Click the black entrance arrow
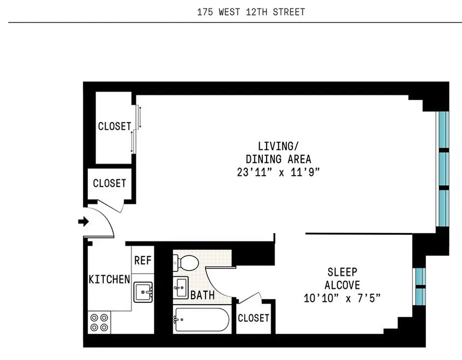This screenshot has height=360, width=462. (x=84, y=222)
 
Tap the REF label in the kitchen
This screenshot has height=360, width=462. (x=143, y=260)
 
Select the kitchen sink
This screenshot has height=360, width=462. (x=143, y=292)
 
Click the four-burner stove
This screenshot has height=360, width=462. (x=99, y=322)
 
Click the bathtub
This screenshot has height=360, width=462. (x=201, y=319)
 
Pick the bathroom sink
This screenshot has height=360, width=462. (x=181, y=287)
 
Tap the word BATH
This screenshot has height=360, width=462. (x=203, y=295)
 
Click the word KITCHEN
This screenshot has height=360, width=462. (x=109, y=279)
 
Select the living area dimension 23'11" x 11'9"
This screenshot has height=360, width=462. (x=279, y=172)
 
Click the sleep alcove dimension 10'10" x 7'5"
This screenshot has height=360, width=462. (x=342, y=298)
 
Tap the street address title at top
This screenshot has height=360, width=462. (x=251, y=12)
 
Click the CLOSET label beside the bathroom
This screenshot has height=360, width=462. (x=253, y=318)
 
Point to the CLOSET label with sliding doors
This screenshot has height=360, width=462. (x=115, y=126)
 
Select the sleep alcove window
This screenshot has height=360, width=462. (x=419, y=287)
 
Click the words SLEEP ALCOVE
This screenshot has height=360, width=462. (x=342, y=278)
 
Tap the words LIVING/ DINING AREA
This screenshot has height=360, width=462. (x=279, y=152)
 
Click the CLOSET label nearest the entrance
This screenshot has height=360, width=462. (x=109, y=183)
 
